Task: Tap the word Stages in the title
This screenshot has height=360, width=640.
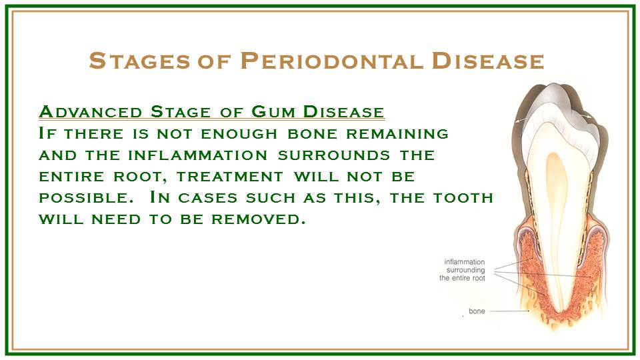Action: coord(139,61)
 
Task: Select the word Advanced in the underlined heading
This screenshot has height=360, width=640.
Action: coord(91,111)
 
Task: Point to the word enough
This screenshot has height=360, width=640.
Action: coord(239,134)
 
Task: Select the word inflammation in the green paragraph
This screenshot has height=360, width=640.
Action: coord(197,155)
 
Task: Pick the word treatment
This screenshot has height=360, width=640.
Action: coord(230,177)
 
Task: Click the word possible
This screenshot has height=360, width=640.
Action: coord(86,198)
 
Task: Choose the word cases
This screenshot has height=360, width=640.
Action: coord(208,198)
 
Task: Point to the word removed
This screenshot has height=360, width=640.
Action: coord(258,219)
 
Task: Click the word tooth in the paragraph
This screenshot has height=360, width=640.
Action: coord(463,198)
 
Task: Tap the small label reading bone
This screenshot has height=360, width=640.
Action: coord(477,311)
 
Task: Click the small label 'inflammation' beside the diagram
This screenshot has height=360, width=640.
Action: coord(465,262)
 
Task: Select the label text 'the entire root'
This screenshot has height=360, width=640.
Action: coord(462,279)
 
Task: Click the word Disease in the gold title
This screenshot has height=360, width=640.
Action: coord(488,61)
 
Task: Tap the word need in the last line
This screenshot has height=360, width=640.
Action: coord(116,219)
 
